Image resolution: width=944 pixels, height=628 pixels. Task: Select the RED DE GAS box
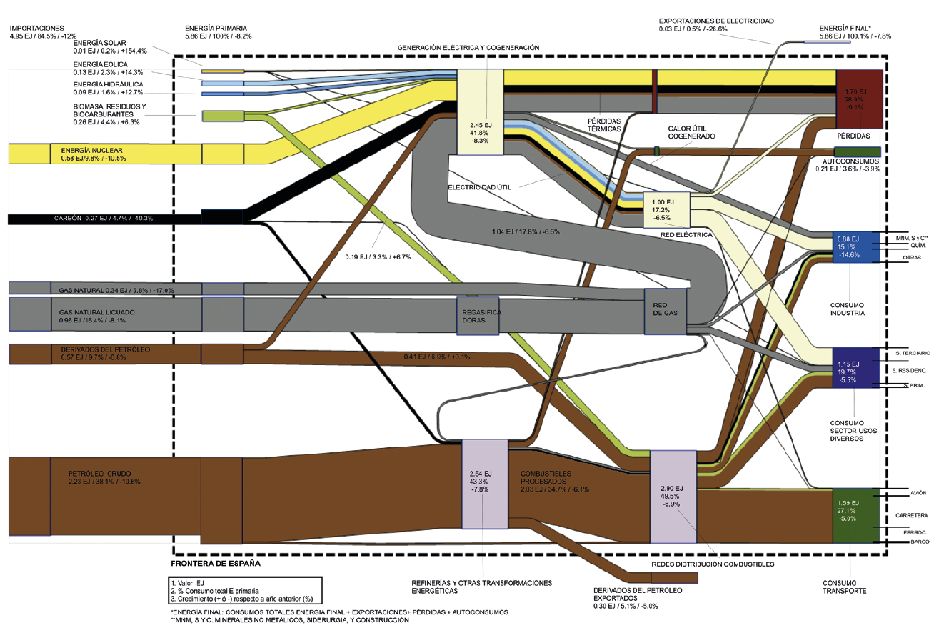[665, 311]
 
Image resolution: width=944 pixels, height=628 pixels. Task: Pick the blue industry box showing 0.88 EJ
[855, 247]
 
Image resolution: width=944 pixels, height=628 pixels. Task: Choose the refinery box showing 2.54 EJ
[483, 484]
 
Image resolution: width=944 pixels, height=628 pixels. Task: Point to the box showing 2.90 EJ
[673, 497]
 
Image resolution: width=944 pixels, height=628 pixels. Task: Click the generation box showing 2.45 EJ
[478, 111]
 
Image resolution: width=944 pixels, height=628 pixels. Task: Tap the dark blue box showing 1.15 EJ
[855, 367]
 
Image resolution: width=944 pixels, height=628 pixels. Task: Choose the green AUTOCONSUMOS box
[858, 151]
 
